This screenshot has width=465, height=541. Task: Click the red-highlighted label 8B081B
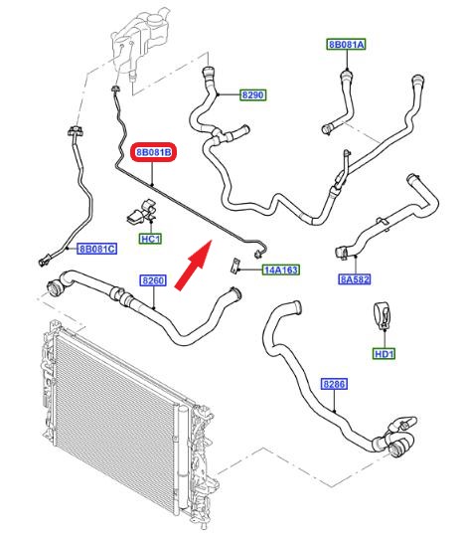(153, 152)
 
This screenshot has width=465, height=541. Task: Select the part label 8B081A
(346, 45)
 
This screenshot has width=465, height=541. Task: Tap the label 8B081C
(96, 249)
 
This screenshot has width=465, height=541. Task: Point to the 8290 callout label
(253, 94)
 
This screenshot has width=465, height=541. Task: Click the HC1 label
(151, 239)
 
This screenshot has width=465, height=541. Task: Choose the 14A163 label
(280, 270)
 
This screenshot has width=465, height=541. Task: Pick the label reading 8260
(153, 280)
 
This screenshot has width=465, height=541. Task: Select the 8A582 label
(355, 279)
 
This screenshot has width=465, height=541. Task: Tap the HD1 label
(384, 354)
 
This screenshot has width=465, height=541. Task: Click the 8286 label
(335, 384)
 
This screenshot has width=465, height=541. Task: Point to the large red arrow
(193, 265)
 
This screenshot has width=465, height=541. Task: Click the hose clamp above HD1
(383, 315)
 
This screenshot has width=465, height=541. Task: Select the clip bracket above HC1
(142, 212)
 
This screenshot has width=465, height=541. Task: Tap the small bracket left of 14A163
(235, 266)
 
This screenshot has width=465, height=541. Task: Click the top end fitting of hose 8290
(208, 74)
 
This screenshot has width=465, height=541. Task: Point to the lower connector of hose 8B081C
(44, 261)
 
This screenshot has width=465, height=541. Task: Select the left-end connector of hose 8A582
(341, 252)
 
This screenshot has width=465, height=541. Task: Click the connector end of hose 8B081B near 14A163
(257, 255)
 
